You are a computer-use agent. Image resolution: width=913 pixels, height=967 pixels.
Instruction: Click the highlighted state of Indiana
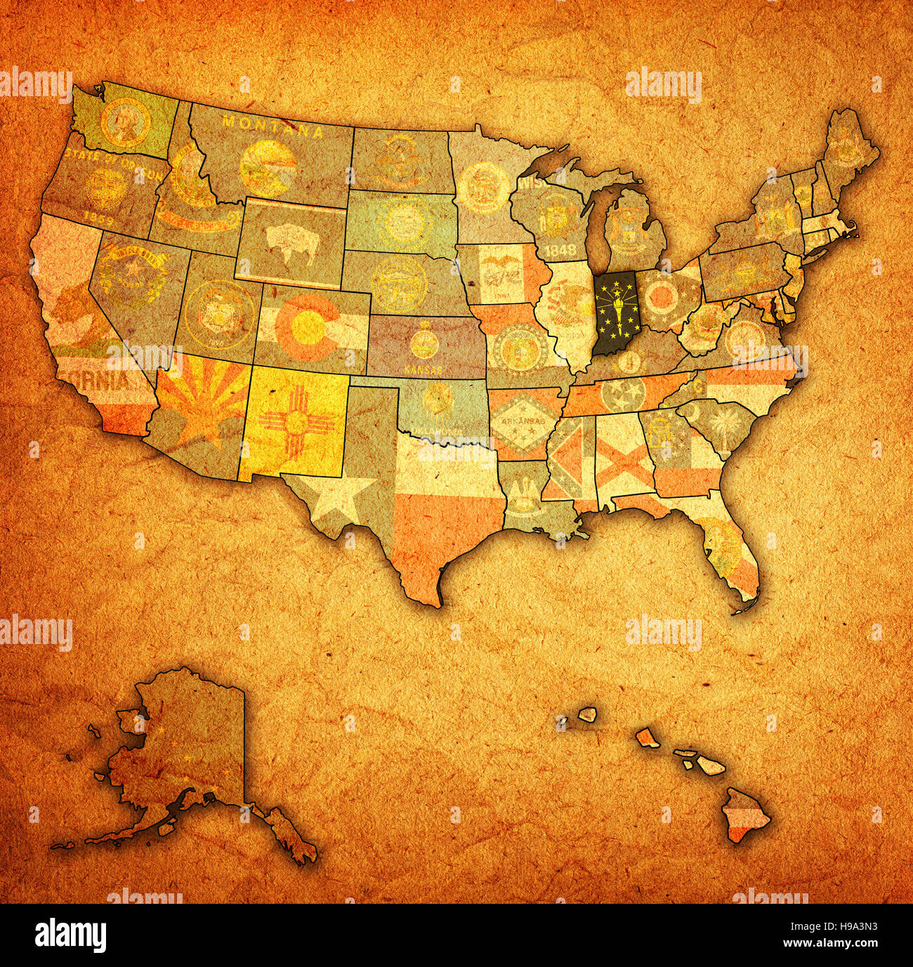pos(615,313)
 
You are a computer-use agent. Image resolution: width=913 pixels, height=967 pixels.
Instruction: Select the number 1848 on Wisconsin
pos(558,251)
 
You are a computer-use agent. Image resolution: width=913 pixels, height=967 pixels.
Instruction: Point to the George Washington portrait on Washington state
pos(125,121)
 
